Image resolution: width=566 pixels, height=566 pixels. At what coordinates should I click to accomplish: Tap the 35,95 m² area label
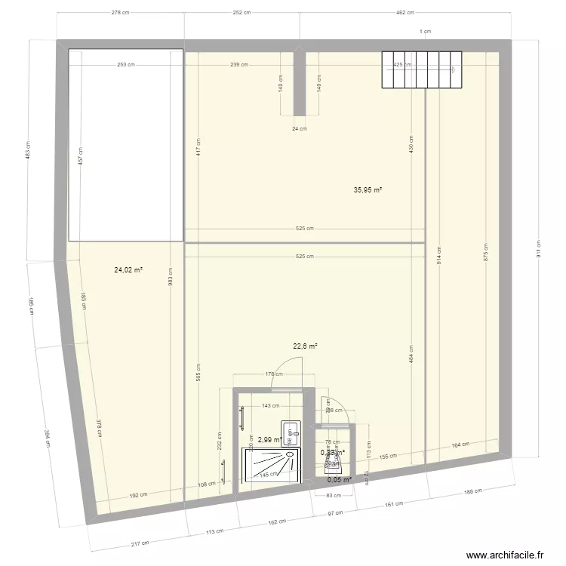click(x=368, y=190)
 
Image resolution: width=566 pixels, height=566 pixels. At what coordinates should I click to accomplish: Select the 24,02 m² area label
click(x=128, y=269)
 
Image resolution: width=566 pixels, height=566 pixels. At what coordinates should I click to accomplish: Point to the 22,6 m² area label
click(x=305, y=346)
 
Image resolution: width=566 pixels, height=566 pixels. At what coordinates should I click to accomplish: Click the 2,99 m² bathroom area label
click(x=269, y=439)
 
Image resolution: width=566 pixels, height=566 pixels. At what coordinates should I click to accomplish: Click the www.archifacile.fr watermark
click(x=505, y=555)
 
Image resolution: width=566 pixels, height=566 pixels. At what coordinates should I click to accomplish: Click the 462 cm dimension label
click(x=405, y=12)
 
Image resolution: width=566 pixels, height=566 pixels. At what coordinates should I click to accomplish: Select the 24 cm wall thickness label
click(x=300, y=128)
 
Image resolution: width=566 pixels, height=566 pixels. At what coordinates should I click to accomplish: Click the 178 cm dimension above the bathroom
click(x=273, y=373)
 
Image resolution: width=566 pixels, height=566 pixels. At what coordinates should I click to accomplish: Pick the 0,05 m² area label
click(x=339, y=479)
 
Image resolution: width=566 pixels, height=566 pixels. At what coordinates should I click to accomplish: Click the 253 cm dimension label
click(x=126, y=65)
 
